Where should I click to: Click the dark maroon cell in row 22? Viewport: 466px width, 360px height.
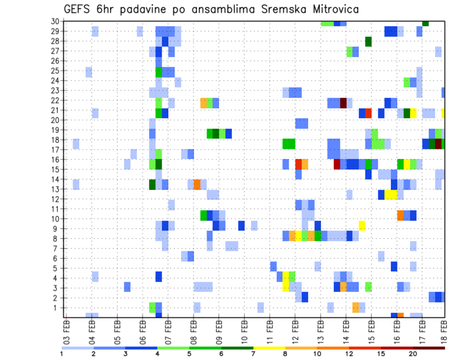tap(343, 103)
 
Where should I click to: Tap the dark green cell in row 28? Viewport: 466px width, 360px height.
tap(368, 41)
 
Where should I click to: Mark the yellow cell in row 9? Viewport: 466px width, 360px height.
tap(362, 226)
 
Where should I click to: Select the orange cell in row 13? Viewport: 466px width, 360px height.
tap(197, 184)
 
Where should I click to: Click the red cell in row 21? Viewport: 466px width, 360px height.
tap(368, 113)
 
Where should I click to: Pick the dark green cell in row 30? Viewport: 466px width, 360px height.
tap(425, 23)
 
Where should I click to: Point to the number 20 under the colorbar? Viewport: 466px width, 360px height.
tap(413, 354)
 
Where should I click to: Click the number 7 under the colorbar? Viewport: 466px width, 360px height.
tap(253, 354)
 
